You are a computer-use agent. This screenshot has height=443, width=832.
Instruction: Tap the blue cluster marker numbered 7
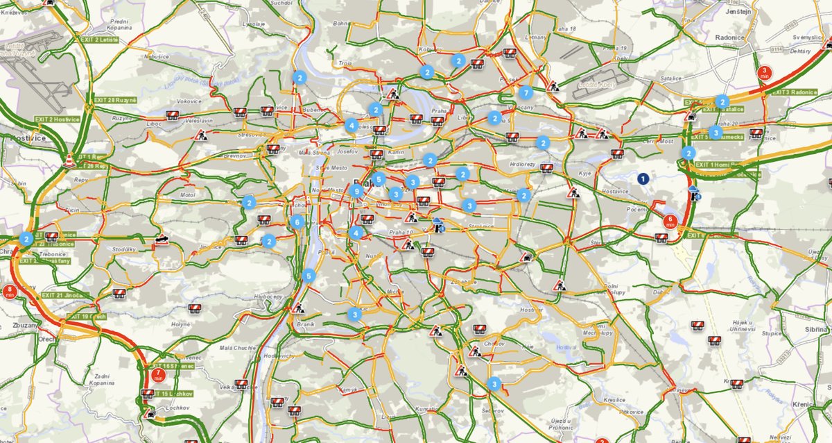pyautogui.click(x=526, y=93)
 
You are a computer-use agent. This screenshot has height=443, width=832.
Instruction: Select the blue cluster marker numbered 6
pyautogui.click(x=297, y=222)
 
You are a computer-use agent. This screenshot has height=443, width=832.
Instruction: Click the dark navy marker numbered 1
pyautogui.click(x=643, y=179)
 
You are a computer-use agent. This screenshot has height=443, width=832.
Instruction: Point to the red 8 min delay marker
pyautogui.click(x=10, y=292)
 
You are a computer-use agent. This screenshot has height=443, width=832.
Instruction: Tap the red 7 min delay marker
pyautogui.click(x=158, y=376)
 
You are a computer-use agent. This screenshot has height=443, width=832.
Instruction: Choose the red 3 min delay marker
pyautogui.click(x=765, y=72)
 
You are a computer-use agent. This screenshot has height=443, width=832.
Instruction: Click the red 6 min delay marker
pyautogui.click(x=670, y=222)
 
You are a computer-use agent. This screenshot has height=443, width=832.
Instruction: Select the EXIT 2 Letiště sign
pyautogui.click(x=99, y=41)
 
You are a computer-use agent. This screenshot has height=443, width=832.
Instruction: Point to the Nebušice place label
pyautogui.click(x=157, y=56)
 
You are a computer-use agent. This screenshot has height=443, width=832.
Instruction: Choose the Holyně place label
pyautogui.click(x=181, y=324)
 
